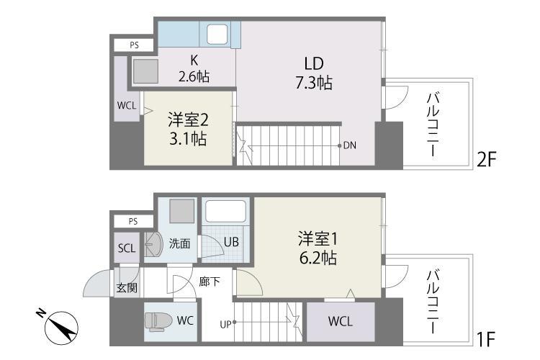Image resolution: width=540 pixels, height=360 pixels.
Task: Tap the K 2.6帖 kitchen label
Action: pyautogui.click(x=194, y=68)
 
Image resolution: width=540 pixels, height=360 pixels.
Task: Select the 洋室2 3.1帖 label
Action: pyautogui.click(x=188, y=128)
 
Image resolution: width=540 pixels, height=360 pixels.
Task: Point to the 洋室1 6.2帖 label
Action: pyautogui.click(x=318, y=247)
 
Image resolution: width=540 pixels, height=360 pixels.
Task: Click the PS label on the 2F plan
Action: pyautogui.click(x=134, y=45)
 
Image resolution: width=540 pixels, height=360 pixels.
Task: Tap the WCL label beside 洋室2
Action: pyautogui.click(x=126, y=105)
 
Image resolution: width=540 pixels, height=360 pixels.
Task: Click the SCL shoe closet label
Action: pyautogui.click(x=126, y=248)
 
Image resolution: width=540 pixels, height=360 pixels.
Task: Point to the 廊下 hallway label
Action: pyautogui.click(x=210, y=282)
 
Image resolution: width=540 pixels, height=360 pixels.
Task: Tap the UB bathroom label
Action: pyautogui.click(x=230, y=242)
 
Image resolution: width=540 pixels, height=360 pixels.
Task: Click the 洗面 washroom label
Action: pyautogui.click(x=180, y=243)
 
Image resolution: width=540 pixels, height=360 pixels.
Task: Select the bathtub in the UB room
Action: pyautogui.click(x=226, y=212)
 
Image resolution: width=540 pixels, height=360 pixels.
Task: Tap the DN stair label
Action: pyautogui.click(x=349, y=145)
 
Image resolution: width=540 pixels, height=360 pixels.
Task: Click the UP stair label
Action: pyautogui.click(x=225, y=324)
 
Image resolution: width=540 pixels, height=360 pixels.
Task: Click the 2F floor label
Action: pyautogui.click(x=487, y=158)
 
